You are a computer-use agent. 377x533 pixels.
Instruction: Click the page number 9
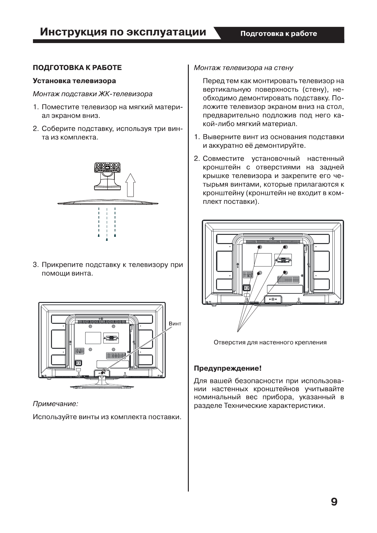point(334,502)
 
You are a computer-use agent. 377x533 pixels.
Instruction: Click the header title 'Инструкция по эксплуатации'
point(123,32)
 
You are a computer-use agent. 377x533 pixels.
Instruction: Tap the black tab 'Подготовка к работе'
point(278,34)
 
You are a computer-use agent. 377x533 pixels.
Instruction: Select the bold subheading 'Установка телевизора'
point(74,81)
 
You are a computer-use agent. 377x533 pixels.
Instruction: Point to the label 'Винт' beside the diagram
point(175,324)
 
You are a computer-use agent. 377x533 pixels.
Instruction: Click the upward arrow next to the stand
point(130,185)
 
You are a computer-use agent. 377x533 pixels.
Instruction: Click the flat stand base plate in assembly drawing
point(107,203)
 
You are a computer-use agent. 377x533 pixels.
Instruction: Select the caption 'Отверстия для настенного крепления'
point(270,342)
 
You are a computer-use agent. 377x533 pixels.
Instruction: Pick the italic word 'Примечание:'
point(55,404)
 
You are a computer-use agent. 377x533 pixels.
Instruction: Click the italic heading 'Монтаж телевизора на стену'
point(243,68)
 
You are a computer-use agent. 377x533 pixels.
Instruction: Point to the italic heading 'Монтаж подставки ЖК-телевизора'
point(93,94)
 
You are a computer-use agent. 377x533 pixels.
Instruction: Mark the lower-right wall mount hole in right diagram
point(285,273)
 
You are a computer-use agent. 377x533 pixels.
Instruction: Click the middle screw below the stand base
point(107,239)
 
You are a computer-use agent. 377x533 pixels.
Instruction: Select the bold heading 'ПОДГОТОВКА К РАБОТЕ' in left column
point(77,68)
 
